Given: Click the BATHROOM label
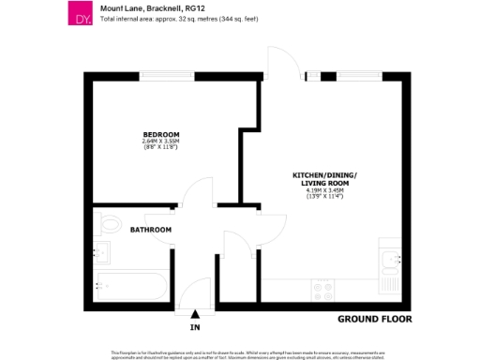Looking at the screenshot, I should pyautogui.click(x=150, y=229).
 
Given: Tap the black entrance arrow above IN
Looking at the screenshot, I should pyautogui.click(x=195, y=314).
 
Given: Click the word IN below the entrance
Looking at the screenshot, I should pyautogui.click(x=195, y=328).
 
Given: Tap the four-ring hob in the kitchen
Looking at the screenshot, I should pyautogui.click(x=325, y=291).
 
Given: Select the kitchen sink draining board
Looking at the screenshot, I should pyautogui.click(x=389, y=279).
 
